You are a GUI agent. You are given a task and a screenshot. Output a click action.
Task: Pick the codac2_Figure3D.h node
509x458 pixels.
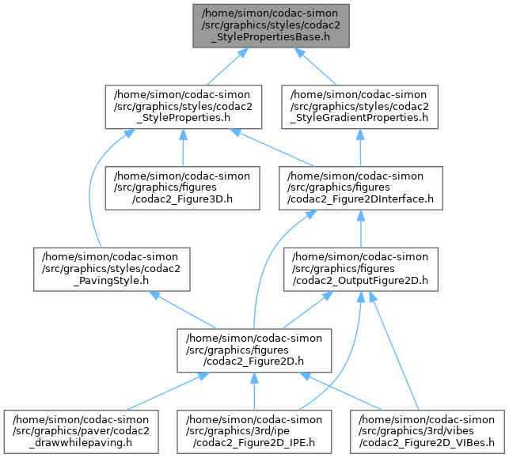[x=184, y=187]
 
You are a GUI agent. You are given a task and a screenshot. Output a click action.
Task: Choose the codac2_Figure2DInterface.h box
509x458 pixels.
[x=361, y=187]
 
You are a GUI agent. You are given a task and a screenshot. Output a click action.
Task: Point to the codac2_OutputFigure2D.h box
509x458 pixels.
[x=361, y=268]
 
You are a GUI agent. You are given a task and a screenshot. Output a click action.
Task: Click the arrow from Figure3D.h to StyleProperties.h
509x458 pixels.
[x=184, y=146]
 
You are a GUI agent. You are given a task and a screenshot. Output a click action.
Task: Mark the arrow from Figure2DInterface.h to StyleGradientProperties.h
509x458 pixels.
[x=361, y=146]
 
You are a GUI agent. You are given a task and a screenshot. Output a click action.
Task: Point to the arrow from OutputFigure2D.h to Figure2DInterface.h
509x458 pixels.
[x=361, y=228]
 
